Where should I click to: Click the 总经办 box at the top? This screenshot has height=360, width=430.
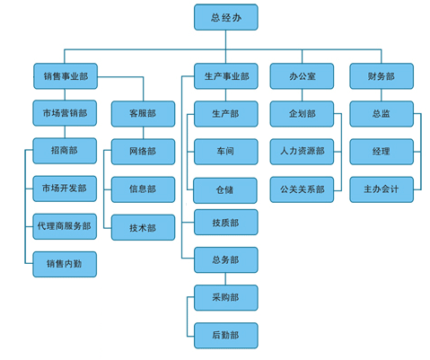(226, 17)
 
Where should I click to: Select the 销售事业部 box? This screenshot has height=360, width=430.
(66, 76)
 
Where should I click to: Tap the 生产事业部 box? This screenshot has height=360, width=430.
(226, 76)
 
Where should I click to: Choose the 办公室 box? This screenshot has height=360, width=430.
(302, 76)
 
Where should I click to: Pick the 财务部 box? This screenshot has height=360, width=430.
(382, 76)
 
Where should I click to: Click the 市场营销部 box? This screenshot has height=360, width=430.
(65, 113)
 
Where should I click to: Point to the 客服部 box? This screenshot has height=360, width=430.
(143, 114)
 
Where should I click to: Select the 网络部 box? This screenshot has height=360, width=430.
(143, 152)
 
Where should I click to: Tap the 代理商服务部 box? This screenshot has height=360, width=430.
(65, 226)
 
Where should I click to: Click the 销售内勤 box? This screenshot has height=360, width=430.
(65, 264)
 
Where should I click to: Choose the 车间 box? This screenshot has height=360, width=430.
(226, 152)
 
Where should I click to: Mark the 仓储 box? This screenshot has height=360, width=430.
(225, 190)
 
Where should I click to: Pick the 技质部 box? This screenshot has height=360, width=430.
(226, 223)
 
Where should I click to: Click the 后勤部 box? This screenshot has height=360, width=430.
(226, 336)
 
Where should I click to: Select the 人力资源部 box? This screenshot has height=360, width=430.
(302, 152)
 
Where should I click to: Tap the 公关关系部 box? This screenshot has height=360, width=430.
(302, 189)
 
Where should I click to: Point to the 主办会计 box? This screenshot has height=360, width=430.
(382, 189)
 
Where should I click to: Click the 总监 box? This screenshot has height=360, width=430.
(382, 114)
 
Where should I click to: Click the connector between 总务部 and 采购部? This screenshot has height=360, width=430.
(225, 279)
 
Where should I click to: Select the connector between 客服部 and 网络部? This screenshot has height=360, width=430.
(143, 133)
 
